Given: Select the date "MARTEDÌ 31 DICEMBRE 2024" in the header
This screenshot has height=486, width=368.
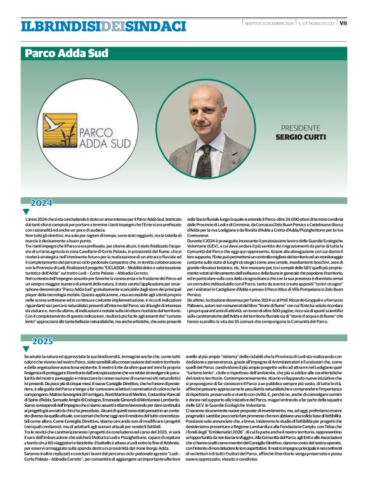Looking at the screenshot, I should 270,22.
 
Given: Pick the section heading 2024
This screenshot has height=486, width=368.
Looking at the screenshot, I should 42,203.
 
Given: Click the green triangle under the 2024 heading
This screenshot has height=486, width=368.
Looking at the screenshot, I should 26,211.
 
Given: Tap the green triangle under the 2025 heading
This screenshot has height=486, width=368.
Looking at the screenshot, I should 26,349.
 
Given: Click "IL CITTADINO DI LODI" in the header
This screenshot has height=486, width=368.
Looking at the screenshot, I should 317,22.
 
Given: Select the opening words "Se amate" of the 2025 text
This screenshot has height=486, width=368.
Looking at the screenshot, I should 32,357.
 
